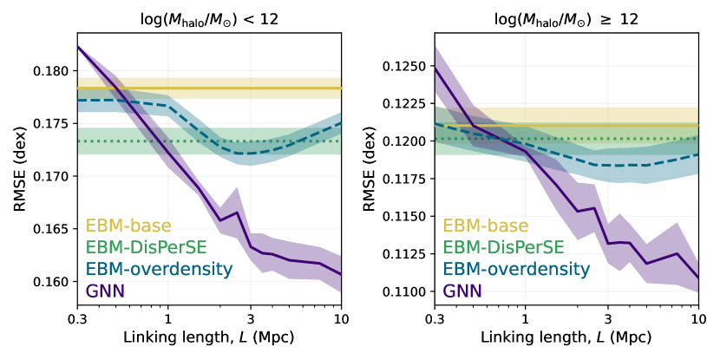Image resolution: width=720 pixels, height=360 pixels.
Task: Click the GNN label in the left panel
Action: tap(105, 291)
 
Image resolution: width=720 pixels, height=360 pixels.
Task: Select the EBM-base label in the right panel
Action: tap(486, 226)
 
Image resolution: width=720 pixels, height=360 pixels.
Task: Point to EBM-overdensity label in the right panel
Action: tap(517, 270)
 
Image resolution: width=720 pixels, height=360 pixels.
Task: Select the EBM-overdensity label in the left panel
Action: tap(160, 270)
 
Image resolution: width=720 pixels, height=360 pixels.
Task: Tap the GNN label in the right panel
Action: tap(462, 291)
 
